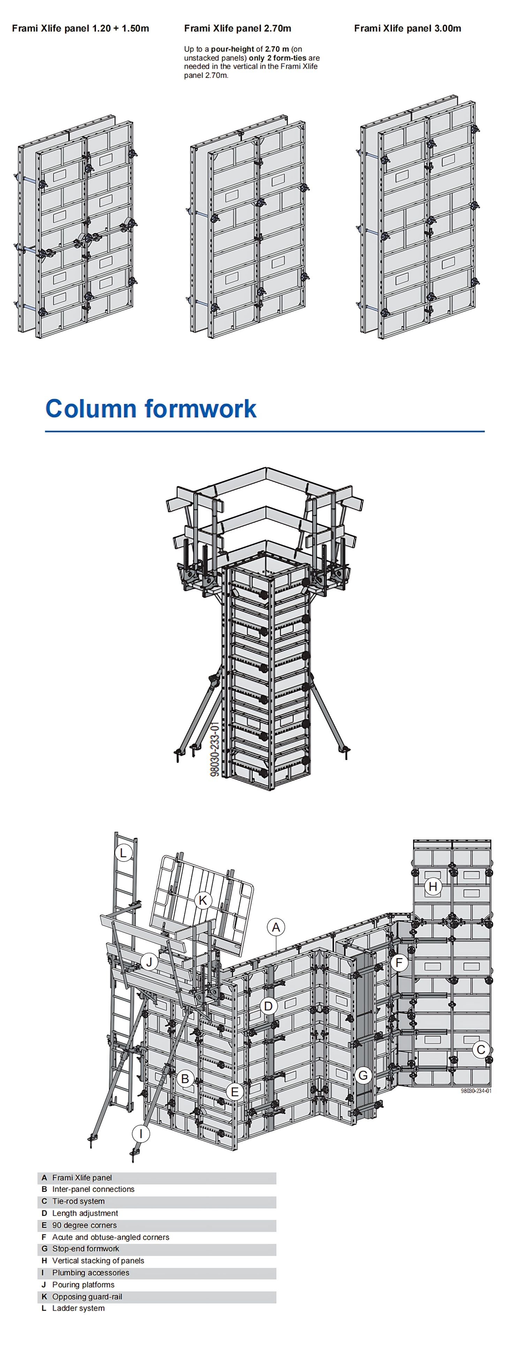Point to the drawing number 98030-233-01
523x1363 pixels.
215,749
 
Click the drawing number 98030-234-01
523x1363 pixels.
476,1091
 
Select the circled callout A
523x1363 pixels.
275,927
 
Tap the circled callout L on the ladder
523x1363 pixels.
123,852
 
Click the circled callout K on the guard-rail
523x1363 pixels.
203,900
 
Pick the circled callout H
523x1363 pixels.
433,886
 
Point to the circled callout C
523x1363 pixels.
481,1049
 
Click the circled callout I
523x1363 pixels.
141,1133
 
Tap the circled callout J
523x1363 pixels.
149,961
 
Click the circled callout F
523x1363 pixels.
399,963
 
